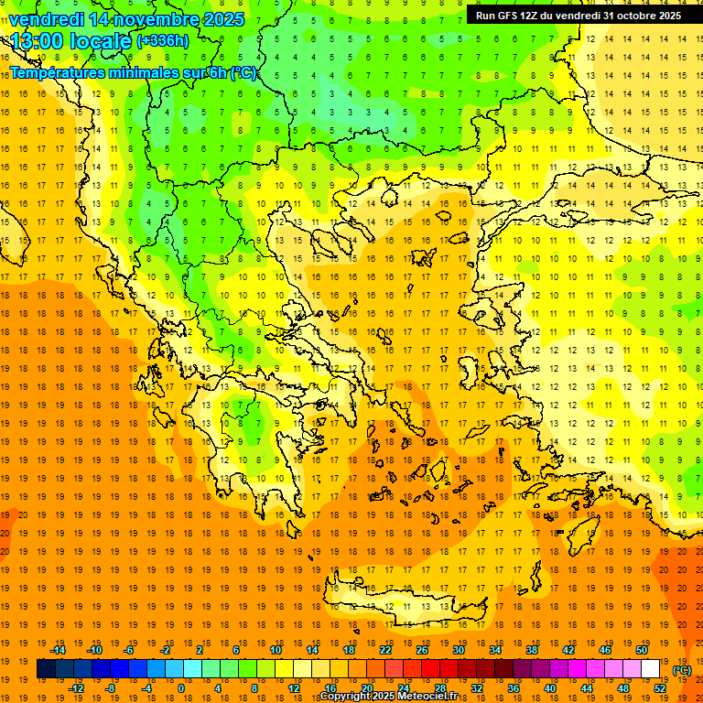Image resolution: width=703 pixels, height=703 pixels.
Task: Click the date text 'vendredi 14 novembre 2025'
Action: point(126,19)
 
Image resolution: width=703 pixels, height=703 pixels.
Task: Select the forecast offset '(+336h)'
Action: point(163,41)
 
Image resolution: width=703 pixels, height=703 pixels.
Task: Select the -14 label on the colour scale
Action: point(59,650)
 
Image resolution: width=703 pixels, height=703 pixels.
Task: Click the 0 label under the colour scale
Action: point(180,688)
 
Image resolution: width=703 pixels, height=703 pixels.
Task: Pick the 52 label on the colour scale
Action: point(660,688)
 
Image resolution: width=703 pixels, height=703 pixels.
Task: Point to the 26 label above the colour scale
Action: point(422,650)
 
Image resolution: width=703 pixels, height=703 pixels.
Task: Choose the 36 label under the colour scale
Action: point(514,688)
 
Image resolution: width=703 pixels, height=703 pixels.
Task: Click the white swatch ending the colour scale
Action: point(651,669)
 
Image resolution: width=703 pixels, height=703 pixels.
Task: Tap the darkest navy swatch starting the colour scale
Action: point(46,669)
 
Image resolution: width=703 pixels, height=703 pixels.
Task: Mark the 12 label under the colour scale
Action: point(294,688)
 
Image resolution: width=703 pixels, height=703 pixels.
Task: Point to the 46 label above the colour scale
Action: point(605,650)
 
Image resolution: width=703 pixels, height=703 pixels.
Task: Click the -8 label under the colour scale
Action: point(111,688)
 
